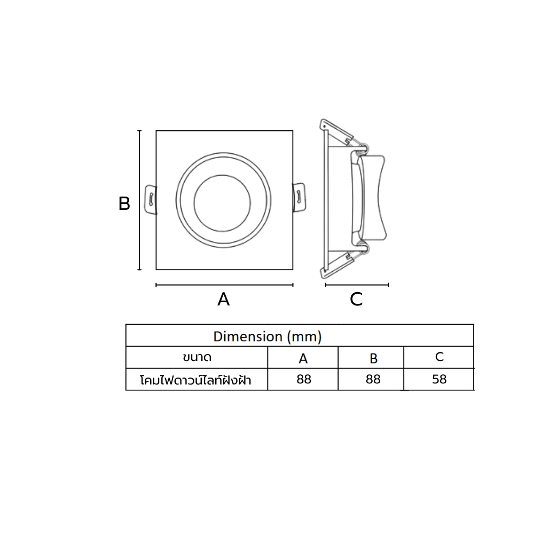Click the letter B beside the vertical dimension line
[124, 203]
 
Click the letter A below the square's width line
[223, 299]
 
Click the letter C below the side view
[356, 299]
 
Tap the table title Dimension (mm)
[268, 336]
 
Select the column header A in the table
[303, 358]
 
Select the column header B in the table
[374, 358]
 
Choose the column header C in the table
[439, 357]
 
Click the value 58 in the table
[439, 379]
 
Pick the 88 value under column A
[304, 379]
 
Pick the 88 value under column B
[373, 379]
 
